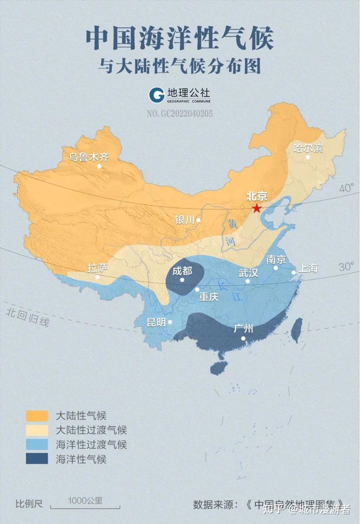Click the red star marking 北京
click(257, 208)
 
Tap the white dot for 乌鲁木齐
click(99, 166)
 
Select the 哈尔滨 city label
click(308, 148)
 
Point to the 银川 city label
click(185, 220)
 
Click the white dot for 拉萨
click(98, 277)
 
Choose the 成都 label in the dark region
click(182, 271)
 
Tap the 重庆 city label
click(209, 297)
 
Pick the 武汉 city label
click(249, 273)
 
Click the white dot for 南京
click(275, 268)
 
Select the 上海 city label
click(308, 268)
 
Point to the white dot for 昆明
click(170, 322)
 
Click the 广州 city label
click(243, 329)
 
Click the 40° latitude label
click(347, 189)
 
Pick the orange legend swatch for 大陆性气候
click(37, 415)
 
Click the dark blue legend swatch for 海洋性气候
click(37, 458)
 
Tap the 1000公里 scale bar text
click(85, 501)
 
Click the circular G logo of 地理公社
click(156, 95)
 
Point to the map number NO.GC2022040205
click(180, 114)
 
